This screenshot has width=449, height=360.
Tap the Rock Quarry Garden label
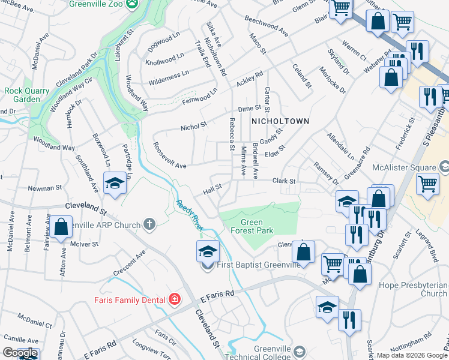(x=22, y=95)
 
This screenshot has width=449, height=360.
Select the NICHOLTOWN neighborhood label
(x=280, y=121)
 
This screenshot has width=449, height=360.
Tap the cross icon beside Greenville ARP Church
(x=149, y=225)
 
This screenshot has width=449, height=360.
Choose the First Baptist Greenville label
(x=258, y=265)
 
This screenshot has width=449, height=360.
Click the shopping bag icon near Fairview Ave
(x=61, y=227)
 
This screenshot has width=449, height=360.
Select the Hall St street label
(x=212, y=189)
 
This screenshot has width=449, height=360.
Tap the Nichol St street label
(x=193, y=127)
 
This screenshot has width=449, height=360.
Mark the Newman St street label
(x=41, y=188)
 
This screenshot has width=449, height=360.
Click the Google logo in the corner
(x=20, y=353)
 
